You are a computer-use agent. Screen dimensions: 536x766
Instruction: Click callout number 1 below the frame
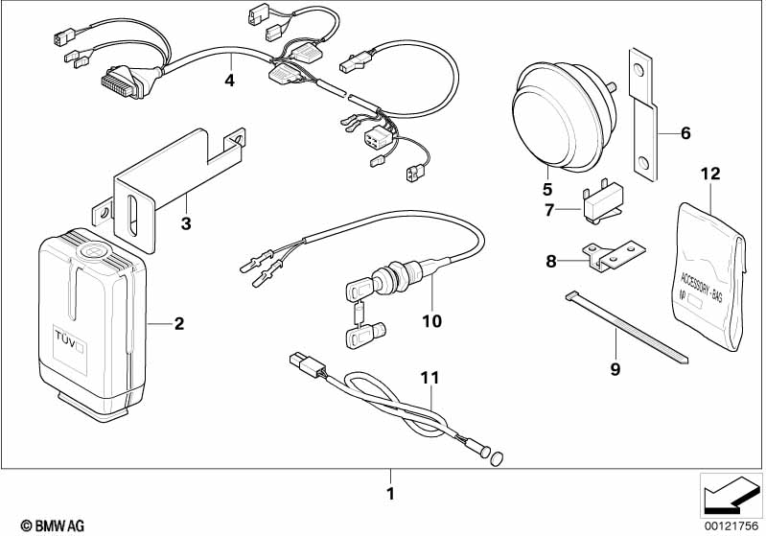(x=390, y=495)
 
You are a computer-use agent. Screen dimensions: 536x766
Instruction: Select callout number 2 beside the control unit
(x=178, y=323)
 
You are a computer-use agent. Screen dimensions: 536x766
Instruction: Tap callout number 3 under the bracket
(x=186, y=224)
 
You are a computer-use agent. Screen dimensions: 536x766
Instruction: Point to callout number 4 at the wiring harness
(x=229, y=81)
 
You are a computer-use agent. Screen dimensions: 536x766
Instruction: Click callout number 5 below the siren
(x=547, y=189)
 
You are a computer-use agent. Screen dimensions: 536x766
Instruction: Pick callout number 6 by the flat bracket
(x=685, y=133)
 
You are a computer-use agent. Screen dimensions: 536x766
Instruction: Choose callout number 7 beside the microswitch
(x=548, y=209)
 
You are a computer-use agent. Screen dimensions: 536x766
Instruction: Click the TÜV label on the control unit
(x=69, y=338)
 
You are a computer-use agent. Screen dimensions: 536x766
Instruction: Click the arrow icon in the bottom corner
(x=730, y=497)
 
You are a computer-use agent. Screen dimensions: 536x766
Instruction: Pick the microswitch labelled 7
(x=599, y=202)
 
